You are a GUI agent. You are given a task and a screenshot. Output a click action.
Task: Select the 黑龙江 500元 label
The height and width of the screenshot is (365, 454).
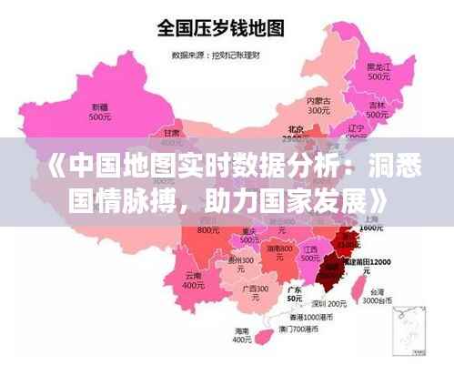(x=378, y=72)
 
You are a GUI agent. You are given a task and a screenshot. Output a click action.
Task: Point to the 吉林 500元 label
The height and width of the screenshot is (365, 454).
(x=378, y=110)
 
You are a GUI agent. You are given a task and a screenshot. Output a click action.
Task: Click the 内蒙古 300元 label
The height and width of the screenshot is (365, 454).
(x=318, y=106)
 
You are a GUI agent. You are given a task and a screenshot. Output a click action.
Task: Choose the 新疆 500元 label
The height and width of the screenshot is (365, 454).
(x=100, y=113)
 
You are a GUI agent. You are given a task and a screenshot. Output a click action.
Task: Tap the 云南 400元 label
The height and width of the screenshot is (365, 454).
(x=193, y=279)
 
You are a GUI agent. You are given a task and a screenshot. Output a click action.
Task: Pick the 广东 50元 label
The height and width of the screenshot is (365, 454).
(x=294, y=294)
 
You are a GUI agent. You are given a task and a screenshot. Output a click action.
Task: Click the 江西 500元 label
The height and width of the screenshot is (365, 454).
(x=312, y=252)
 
